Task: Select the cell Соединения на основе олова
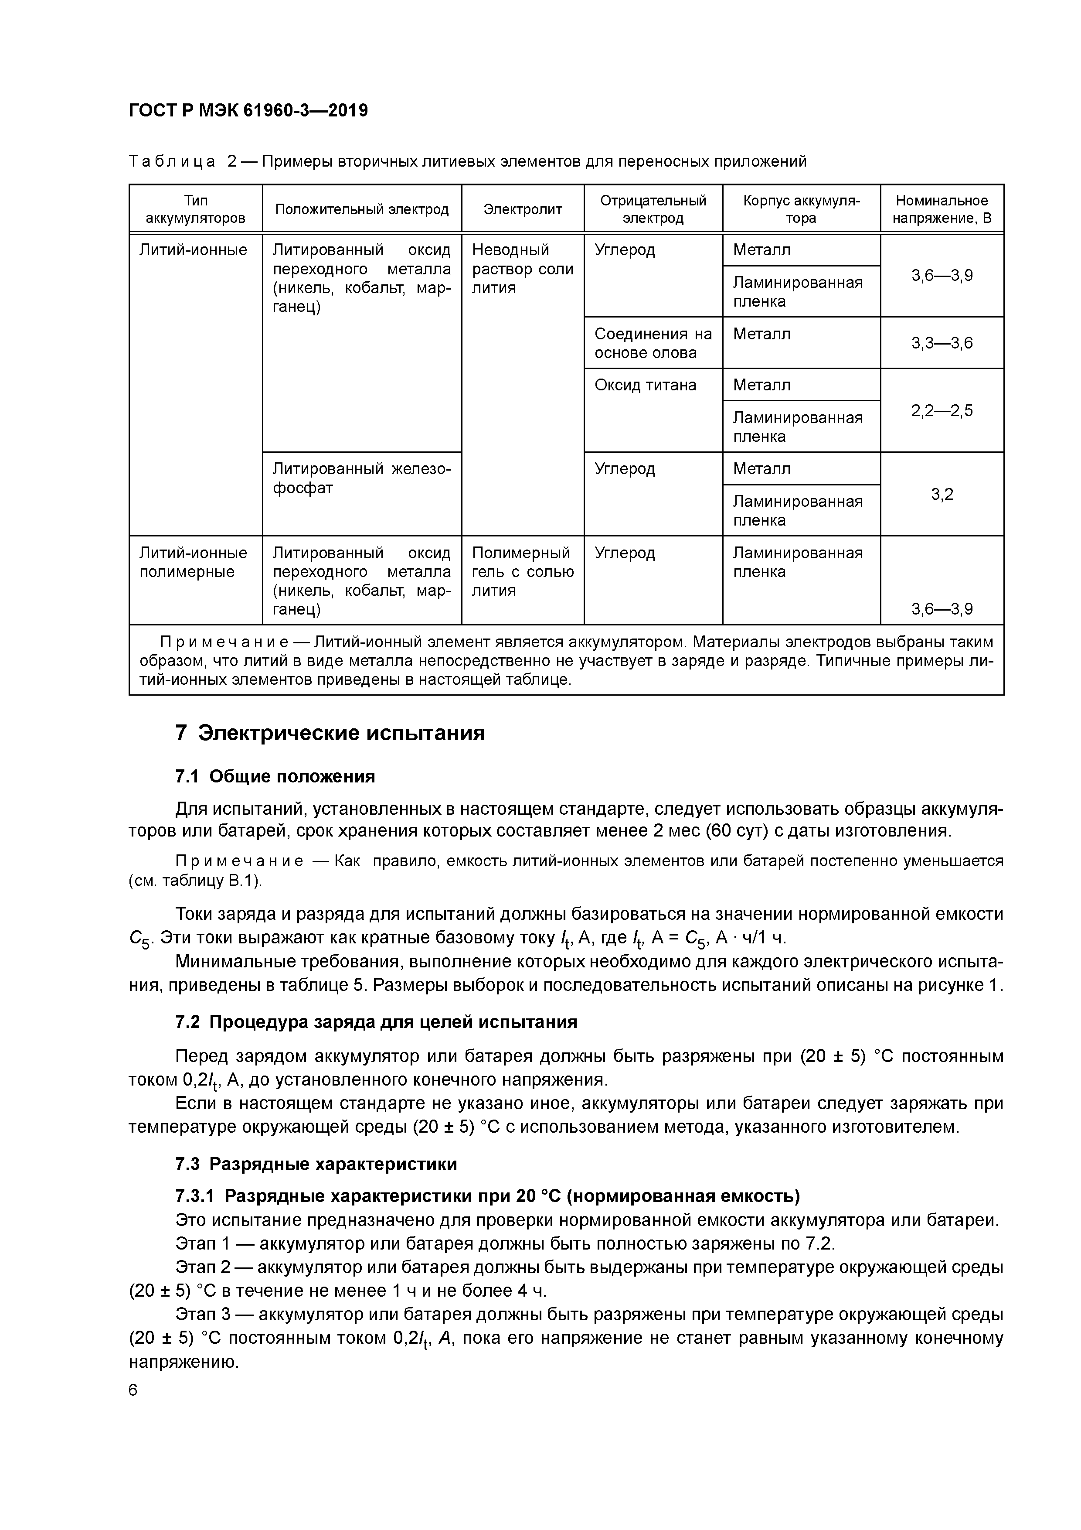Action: tap(653, 343)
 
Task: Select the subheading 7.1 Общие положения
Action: tap(275, 776)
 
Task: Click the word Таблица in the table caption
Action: tap(172, 161)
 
